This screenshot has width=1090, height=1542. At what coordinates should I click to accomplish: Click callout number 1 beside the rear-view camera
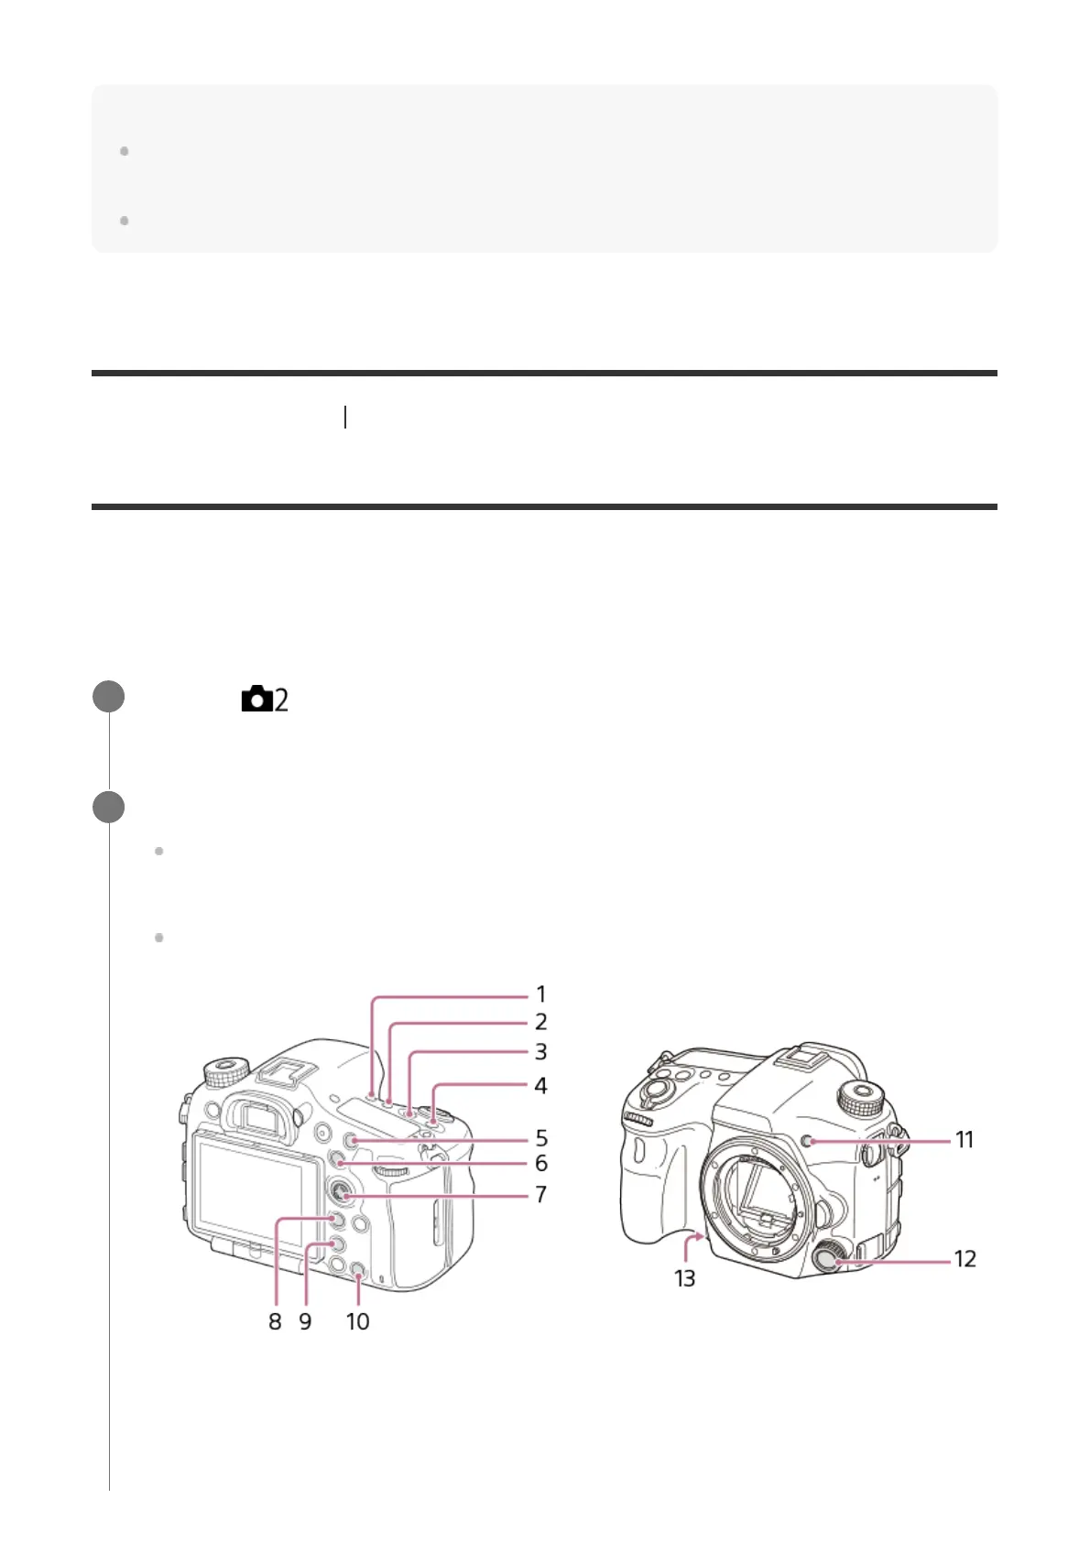point(541,994)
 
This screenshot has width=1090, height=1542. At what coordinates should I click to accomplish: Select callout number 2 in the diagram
point(541,1022)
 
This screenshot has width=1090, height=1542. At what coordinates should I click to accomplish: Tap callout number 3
point(541,1052)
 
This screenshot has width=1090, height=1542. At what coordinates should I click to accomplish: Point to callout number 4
point(541,1086)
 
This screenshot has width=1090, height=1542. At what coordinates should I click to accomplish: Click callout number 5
point(542,1138)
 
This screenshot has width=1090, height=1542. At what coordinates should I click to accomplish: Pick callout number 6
point(542,1164)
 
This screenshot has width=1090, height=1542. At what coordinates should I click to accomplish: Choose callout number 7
point(542,1194)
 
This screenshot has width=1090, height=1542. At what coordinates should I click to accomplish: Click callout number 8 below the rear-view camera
point(275,1321)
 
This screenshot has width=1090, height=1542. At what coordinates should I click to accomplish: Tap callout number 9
point(305,1321)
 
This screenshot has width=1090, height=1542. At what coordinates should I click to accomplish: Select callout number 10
point(358,1321)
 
